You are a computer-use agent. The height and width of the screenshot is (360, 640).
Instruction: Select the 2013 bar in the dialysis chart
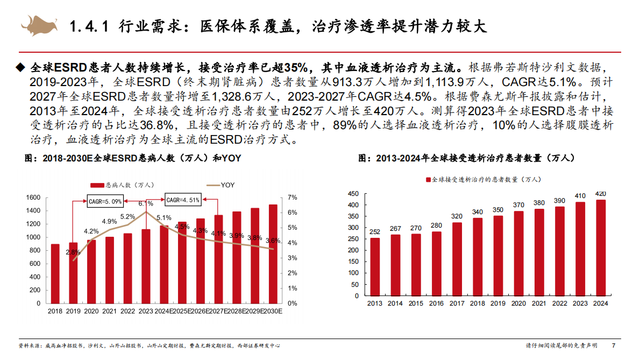[375, 267]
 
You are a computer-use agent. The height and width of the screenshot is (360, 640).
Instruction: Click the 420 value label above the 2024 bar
[601, 193]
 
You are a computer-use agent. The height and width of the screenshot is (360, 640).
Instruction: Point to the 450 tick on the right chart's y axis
[353, 193]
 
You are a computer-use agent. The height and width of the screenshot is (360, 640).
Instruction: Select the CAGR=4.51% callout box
[182, 200]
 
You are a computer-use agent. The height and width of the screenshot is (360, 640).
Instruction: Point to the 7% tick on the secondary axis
[293, 197]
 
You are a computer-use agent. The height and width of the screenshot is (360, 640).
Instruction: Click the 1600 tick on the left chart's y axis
[33, 197]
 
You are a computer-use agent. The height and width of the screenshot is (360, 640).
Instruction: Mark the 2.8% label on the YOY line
[73, 252]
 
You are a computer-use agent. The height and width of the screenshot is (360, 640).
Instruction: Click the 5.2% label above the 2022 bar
[127, 216]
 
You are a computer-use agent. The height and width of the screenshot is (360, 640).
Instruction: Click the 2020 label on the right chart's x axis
[518, 303]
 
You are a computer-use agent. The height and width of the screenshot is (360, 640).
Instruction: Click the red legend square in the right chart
[429, 179]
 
